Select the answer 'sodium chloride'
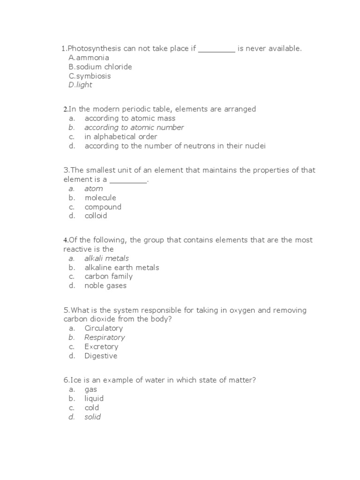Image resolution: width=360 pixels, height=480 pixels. tap(104, 67)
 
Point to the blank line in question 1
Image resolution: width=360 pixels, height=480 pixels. tap(217, 50)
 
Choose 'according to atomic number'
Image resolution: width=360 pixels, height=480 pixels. tap(134, 127)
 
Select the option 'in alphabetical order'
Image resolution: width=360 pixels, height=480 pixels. tap(120, 137)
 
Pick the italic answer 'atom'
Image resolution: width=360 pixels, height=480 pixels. tap(93, 188)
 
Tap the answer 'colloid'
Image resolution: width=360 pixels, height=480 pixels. tap(96, 216)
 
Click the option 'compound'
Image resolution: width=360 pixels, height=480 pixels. tap(103, 207)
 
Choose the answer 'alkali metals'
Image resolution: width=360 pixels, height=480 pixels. tap(106, 258)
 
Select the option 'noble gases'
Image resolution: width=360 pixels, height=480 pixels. tap(105, 285)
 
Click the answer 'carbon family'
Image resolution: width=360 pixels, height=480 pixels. tap(108, 276)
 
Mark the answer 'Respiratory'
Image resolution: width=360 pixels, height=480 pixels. tap(105, 337)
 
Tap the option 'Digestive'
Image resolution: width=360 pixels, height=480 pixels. tap(101, 356)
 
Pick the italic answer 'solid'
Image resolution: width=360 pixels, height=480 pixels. tap(92, 417)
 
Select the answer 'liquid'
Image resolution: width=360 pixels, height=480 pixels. tap(94, 398)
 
